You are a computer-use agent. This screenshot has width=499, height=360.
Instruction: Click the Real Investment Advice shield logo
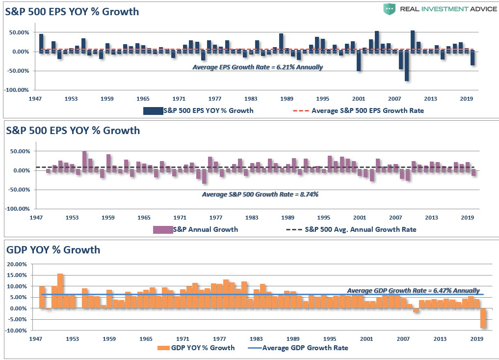pos(389,8)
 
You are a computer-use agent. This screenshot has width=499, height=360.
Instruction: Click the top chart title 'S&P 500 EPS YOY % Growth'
pos(72,12)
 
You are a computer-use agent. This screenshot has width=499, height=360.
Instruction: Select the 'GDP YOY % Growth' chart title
pos(53,249)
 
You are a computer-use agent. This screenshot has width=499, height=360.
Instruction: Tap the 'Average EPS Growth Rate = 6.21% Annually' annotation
pos(258,67)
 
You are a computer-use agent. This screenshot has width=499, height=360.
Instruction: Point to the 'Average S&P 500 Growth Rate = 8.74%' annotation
pos(260,194)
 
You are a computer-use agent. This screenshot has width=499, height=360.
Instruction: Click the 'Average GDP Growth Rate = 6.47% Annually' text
pos(413,290)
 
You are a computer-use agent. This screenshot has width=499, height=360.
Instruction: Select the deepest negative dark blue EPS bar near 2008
pos(407,66)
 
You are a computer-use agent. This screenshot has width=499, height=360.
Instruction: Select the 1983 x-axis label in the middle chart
pos(252,217)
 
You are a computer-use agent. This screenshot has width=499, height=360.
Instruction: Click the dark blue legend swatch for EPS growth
pos(153,111)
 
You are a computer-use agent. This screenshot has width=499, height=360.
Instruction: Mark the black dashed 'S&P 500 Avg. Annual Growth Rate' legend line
pos(293,229)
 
